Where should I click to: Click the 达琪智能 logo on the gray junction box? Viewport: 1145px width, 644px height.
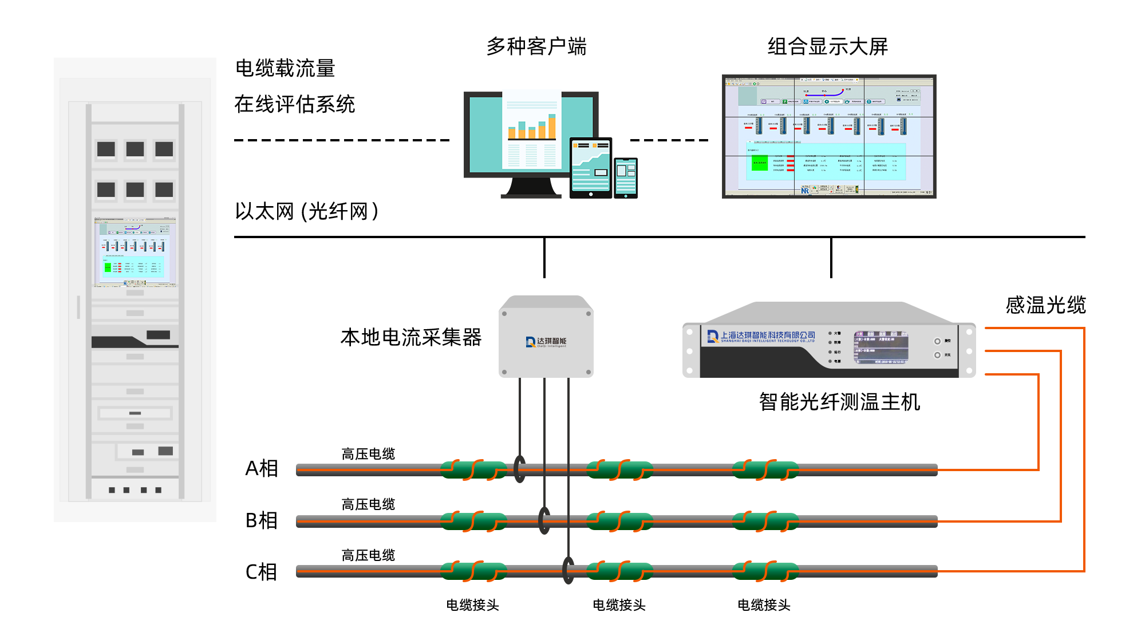(546, 342)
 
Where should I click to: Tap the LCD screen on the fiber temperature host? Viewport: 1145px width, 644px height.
(881, 347)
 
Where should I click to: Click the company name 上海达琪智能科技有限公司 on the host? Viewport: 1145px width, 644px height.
(767, 335)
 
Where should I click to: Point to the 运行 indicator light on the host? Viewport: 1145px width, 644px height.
(830, 352)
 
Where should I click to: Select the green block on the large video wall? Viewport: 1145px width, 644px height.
(760, 163)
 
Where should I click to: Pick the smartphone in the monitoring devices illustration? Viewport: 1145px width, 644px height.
(626, 177)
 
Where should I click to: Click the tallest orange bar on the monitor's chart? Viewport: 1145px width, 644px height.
(552, 127)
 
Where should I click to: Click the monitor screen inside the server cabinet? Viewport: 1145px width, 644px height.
(135, 252)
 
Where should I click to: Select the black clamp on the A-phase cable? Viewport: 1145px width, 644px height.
(519, 469)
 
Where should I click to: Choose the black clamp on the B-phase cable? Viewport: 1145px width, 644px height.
(544, 520)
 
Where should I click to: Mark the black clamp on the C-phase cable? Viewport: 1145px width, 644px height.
(568, 570)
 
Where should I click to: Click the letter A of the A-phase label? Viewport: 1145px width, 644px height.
(252, 468)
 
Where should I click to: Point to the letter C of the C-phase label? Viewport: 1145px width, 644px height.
(251, 571)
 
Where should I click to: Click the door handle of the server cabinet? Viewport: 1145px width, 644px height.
(78, 307)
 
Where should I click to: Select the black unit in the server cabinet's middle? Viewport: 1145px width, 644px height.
(135, 341)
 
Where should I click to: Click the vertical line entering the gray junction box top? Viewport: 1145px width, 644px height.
(544, 258)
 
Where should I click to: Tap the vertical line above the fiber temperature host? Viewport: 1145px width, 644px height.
(831, 258)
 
